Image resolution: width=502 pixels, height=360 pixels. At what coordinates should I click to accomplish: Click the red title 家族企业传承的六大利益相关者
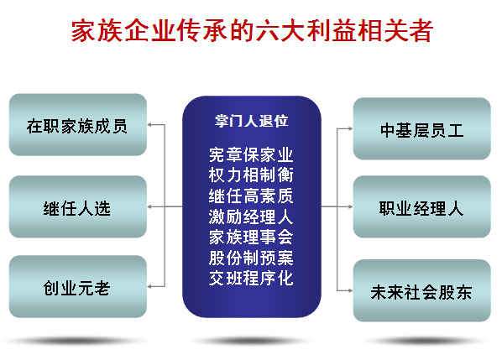click(252, 30)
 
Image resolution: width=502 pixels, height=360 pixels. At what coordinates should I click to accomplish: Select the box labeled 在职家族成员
click(78, 125)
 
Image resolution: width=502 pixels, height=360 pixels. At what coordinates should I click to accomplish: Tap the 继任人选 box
click(78, 206)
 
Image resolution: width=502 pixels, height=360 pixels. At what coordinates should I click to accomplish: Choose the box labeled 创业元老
click(78, 286)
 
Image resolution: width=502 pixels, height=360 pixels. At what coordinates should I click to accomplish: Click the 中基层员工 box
click(422, 128)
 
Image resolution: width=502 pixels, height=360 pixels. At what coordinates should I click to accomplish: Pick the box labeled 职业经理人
click(422, 206)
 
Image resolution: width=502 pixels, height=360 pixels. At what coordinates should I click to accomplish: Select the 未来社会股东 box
click(422, 290)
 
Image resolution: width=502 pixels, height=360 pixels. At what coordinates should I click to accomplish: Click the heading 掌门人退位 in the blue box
click(251, 121)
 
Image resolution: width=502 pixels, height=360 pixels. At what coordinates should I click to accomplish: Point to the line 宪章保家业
click(251, 154)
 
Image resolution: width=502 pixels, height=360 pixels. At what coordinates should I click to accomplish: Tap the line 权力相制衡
click(251, 175)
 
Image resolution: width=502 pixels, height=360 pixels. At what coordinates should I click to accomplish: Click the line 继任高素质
click(251, 196)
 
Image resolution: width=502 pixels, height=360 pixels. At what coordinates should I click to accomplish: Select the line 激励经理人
click(251, 217)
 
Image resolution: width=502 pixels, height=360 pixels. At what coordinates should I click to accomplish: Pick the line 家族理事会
click(251, 237)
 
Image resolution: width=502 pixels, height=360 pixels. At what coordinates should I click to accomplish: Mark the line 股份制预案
click(251, 258)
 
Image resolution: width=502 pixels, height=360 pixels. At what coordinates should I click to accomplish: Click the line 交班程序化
click(251, 278)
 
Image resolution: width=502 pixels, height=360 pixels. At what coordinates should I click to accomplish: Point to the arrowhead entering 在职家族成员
click(149, 125)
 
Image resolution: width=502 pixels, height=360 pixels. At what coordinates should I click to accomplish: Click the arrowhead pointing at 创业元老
click(149, 286)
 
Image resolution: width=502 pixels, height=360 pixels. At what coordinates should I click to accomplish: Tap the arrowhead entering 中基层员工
click(351, 128)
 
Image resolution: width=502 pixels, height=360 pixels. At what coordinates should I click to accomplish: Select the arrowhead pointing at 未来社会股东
click(351, 290)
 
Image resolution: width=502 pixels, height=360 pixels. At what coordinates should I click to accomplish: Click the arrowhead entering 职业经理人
click(351, 206)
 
